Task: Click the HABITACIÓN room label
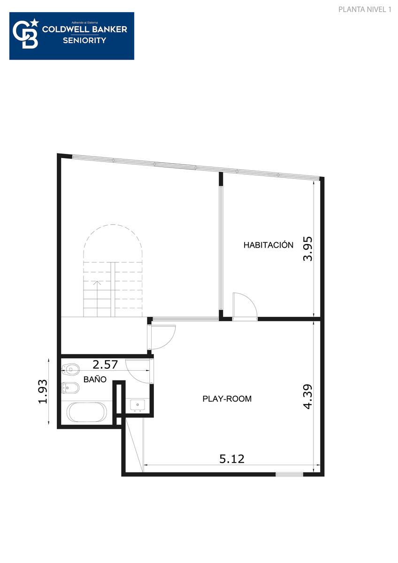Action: [268, 245]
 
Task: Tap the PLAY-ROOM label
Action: [227, 399]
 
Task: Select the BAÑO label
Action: [95, 379]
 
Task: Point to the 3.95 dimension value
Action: [307, 249]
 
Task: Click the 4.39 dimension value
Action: [307, 396]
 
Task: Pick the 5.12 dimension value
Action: [231, 459]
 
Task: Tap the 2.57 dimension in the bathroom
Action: [105, 365]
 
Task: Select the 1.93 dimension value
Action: [43, 391]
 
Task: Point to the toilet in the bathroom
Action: [70, 369]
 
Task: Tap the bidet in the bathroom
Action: [70, 388]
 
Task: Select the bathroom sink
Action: [137, 405]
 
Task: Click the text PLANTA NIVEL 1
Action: [365, 9]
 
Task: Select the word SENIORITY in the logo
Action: [84, 40]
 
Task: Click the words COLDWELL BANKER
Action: [84, 30]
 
